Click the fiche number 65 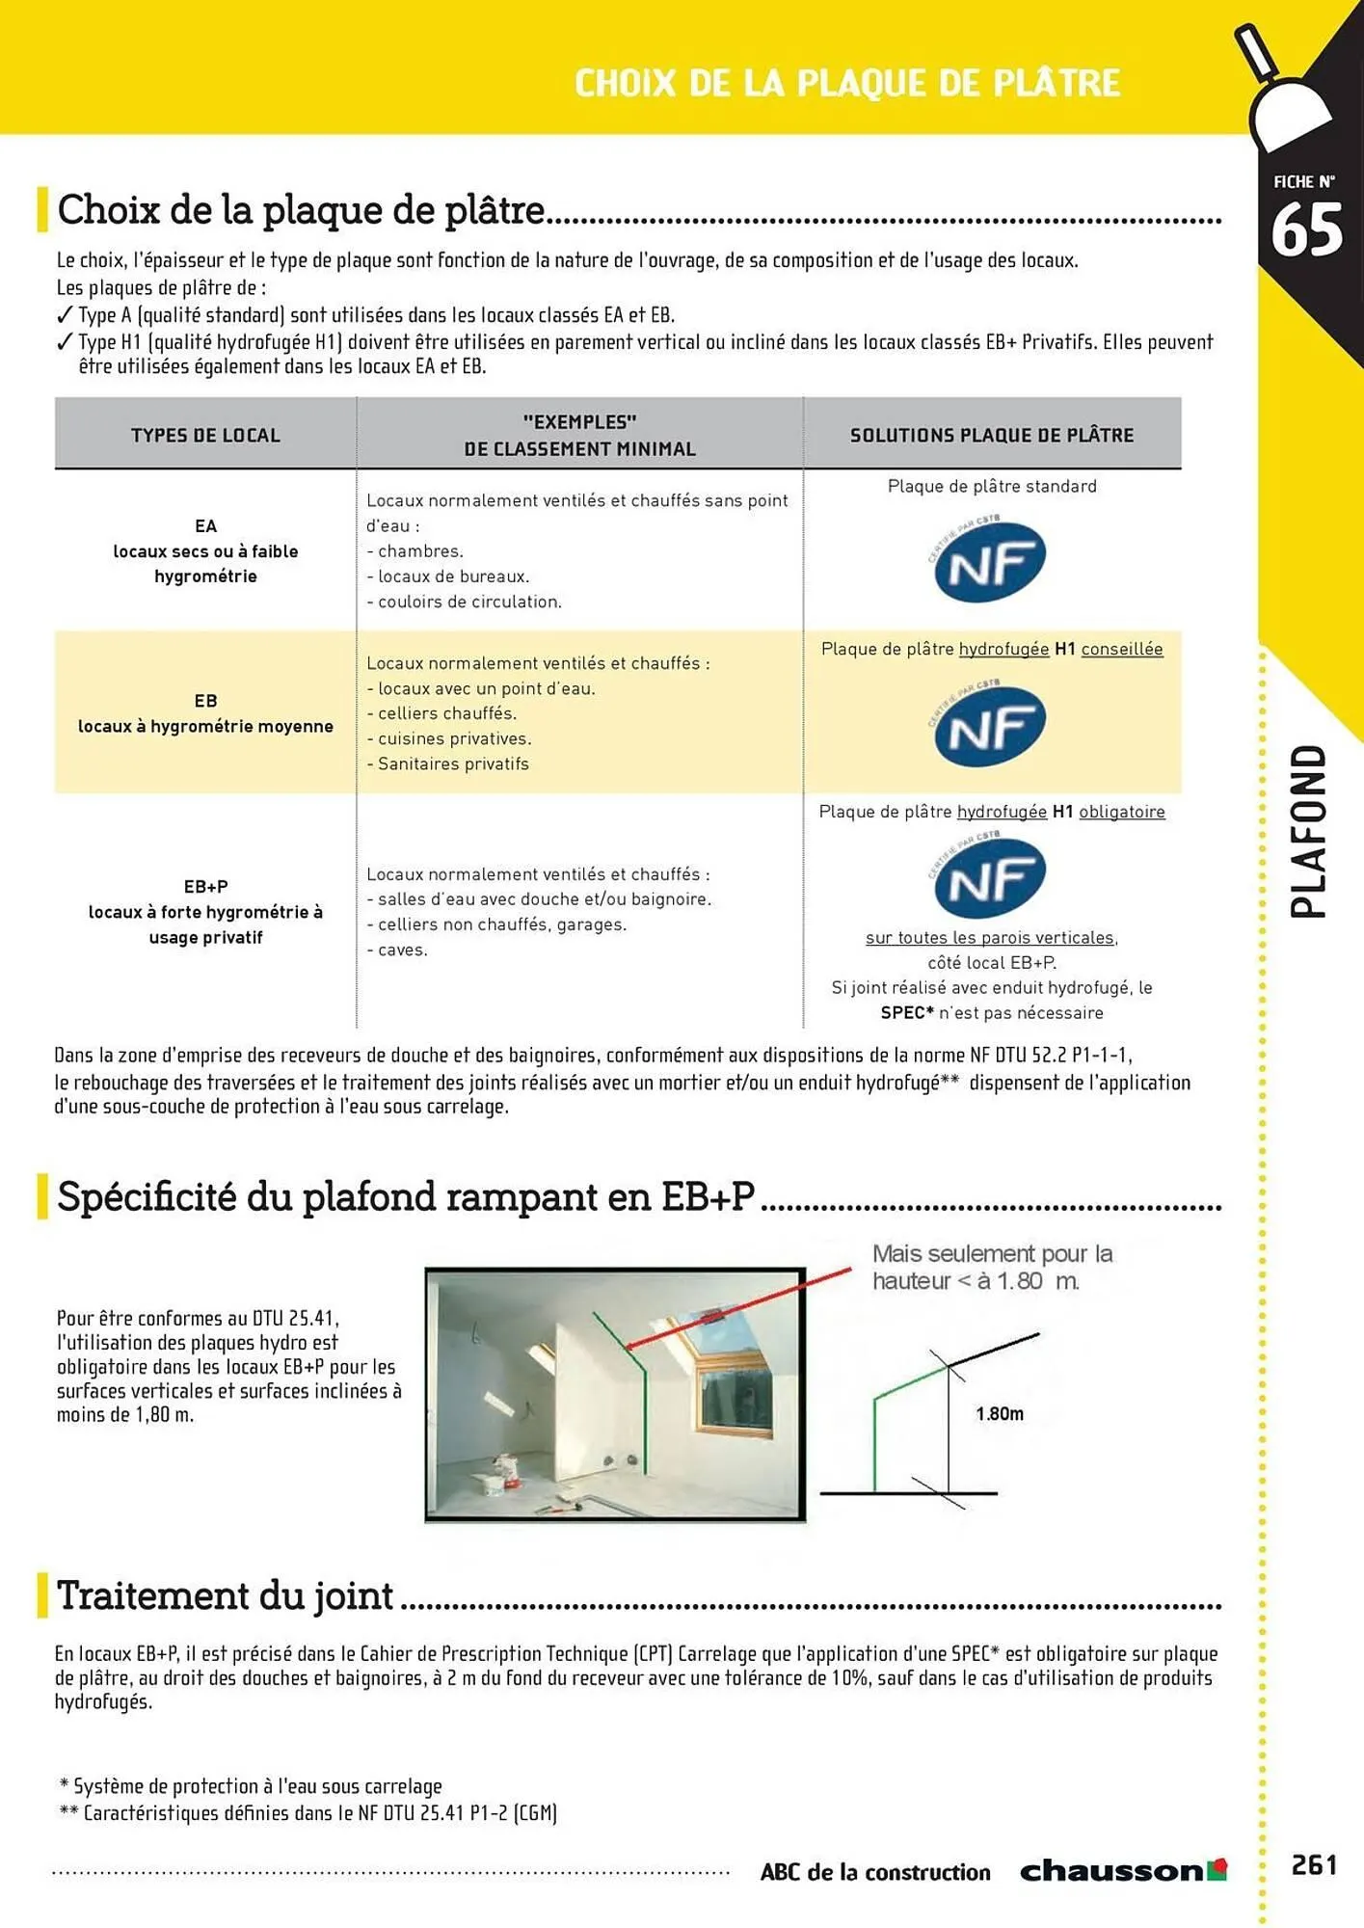click(x=1306, y=230)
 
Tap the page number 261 click(x=1314, y=1864)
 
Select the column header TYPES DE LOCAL click(x=205, y=435)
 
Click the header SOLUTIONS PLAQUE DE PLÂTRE click(x=991, y=435)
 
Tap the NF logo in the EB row click(x=989, y=725)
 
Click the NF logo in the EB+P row click(x=989, y=877)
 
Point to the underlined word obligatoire click(x=1121, y=812)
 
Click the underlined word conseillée click(x=1121, y=649)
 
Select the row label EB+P click(x=205, y=886)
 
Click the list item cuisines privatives click(x=454, y=738)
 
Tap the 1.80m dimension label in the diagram click(x=999, y=1413)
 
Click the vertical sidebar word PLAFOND click(x=1308, y=831)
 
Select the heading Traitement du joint click(x=225, y=1595)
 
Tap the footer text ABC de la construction click(x=874, y=1872)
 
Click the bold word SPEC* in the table click(x=906, y=1012)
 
